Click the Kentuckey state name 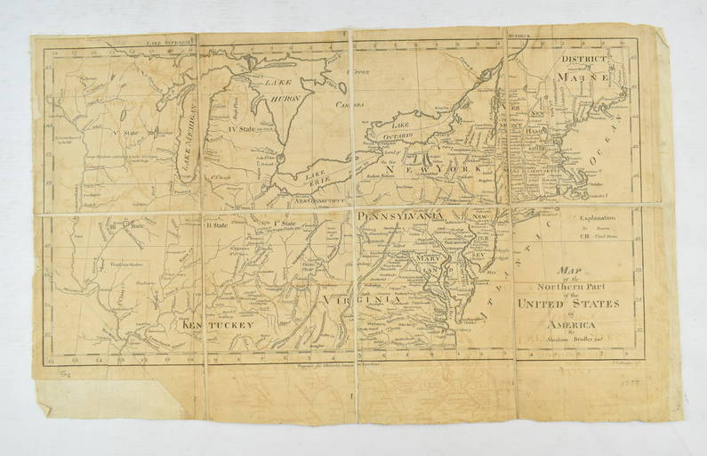(219, 326)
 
